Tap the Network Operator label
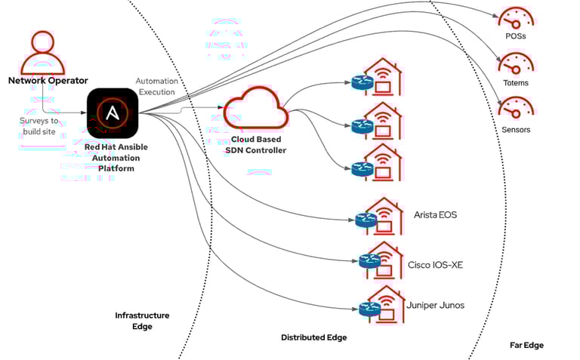48,81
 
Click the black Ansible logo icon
113,113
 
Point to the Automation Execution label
156,86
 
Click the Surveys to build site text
39,126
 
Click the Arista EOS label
435,215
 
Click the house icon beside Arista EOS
384,216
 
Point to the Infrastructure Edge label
142,321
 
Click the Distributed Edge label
313,337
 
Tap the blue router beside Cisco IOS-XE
369,261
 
